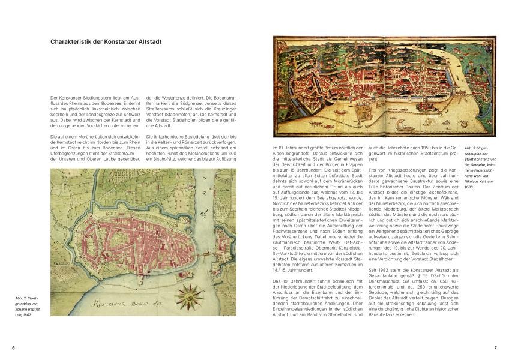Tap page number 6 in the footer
coord(12,347)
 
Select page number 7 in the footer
coord(496,347)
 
